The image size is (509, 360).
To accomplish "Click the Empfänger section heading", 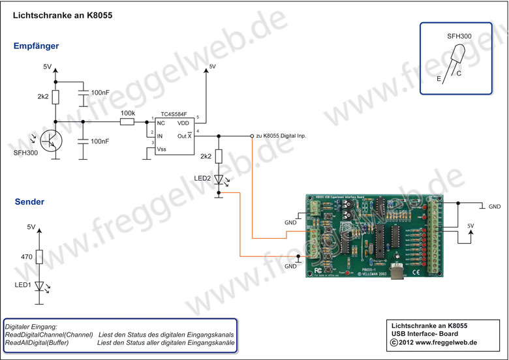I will click(x=37, y=46).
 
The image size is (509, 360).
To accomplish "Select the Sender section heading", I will click(x=29, y=202).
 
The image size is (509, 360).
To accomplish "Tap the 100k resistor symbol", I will click(x=127, y=121).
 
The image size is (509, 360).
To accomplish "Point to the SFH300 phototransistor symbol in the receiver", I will click(x=50, y=138).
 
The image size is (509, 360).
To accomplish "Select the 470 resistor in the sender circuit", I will click(x=40, y=258).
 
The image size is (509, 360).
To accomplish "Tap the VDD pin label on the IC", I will click(x=185, y=123).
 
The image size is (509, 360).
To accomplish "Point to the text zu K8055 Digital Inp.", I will click(x=281, y=136).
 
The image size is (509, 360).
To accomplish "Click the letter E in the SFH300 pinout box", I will click(x=439, y=78).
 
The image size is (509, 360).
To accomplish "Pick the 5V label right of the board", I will click(x=470, y=226).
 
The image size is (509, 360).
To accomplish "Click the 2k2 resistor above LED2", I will click(x=219, y=157).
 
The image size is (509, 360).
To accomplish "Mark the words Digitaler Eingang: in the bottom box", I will click(x=31, y=326).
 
